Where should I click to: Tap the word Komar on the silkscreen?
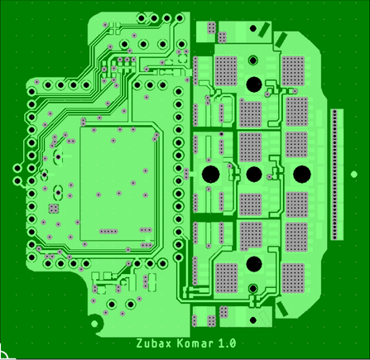click(x=195, y=343)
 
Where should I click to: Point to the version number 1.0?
click(x=228, y=343)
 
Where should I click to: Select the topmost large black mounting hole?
click(x=254, y=84)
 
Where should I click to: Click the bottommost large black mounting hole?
click(x=254, y=264)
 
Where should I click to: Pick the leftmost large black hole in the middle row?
click(x=211, y=174)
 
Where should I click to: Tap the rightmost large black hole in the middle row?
click(x=302, y=174)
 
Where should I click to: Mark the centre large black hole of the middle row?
click(x=254, y=174)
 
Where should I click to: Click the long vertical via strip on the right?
click(x=334, y=175)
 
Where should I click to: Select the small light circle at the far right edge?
click(x=354, y=175)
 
